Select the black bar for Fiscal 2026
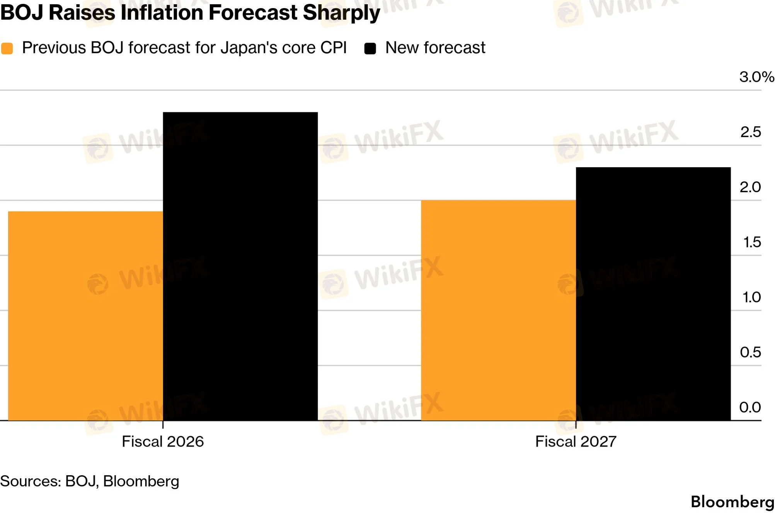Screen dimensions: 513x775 point(240,266)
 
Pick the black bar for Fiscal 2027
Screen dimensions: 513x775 point(653,294)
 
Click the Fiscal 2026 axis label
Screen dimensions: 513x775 point(163,442)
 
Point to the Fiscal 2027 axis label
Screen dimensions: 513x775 point(576,442)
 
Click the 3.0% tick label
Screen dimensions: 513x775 point(756,77)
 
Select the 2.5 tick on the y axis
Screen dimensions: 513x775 point(750,132)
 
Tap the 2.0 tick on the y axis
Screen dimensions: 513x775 point(750,187)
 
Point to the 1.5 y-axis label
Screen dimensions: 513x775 point(752,242)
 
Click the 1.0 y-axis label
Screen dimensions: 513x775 point(751,297)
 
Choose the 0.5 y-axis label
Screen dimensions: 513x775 point(750,352)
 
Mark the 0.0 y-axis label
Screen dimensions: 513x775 point(750,407)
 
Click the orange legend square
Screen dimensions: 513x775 point(7,49)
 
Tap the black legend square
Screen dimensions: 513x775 point(370,49)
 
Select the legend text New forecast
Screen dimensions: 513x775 point(435,48)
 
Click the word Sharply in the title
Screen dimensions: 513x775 point(341,13)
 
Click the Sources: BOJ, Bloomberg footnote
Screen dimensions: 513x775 point(90,481)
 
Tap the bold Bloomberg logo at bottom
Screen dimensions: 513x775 point(732,502)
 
